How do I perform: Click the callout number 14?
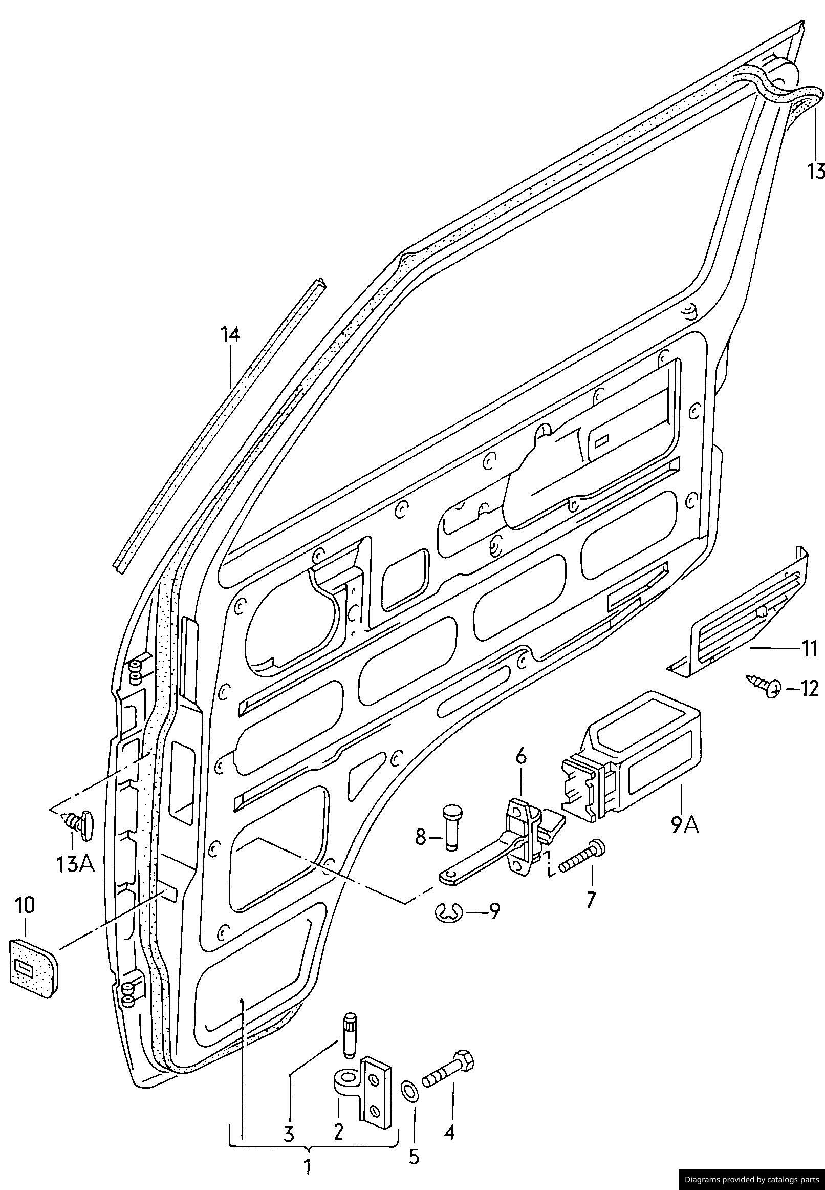(x=230, y=335)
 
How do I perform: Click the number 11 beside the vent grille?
(x=810, y=648)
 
